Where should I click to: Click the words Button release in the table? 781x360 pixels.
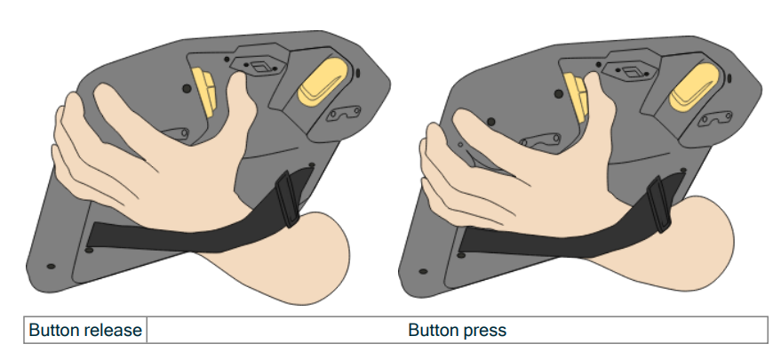[x=85, y=330]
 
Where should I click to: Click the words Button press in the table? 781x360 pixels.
[x=457, y=330]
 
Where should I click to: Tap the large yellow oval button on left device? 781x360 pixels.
[x=323, y=82]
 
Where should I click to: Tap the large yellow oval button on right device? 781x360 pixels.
[x=694, y=88]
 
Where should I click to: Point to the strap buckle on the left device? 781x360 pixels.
[x=287, y=199]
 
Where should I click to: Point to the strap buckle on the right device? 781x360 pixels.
[x=659, y=204]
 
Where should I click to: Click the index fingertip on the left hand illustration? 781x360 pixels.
[x=239, y=79]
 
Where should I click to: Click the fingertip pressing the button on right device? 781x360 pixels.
[x=591, y=80]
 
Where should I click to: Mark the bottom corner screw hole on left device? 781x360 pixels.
[x=51, y=267]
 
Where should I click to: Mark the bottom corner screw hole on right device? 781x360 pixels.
[x=423, y=272]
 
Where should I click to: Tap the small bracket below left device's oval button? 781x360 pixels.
[x=344, y=113]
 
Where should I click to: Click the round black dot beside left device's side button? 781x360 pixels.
[x=187, y=89]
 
